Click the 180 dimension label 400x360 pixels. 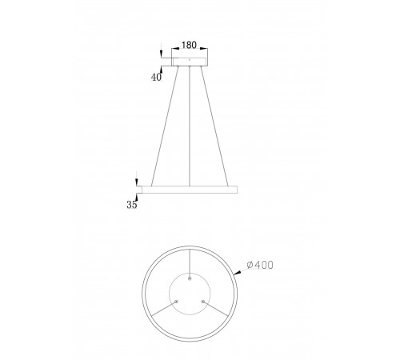[189, 45]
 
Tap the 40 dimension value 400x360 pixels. [156, 77]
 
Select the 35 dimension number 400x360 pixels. [132, 205]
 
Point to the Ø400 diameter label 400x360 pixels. [260, 265]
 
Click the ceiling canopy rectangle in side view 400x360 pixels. [190, 62]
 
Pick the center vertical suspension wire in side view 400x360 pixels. [190, 126]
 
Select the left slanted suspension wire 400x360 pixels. [165, 126]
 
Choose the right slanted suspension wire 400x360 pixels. [214, 126]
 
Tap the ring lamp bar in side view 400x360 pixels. [190, 190]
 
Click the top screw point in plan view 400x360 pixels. [190, 278]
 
